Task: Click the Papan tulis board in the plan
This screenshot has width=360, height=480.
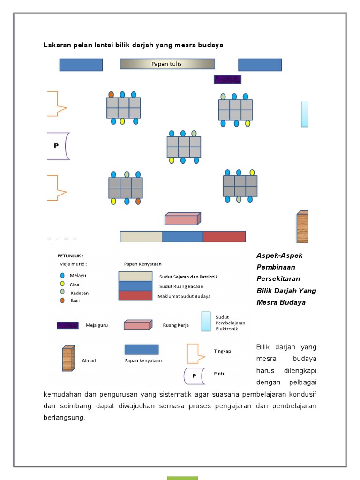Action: click(x=167, y=64)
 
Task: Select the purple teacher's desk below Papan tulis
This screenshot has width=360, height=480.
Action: click(x=227, y=80)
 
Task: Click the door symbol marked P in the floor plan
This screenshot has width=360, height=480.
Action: click(x=59, y=146)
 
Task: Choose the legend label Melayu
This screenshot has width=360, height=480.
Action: click(x=78, y=276)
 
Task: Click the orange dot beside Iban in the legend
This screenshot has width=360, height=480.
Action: click(x=62, y=300)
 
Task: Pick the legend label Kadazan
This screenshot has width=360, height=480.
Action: click(x=79, y=293)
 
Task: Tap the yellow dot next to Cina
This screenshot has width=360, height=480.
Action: click(x=62, y=284)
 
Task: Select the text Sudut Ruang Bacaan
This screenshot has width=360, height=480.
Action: click(x=180, y=286)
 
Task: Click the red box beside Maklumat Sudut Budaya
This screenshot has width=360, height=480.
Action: click(x=135, y=296)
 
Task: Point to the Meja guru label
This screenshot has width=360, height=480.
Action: click(x=97, y=325)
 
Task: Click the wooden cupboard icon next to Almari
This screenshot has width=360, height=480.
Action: click(x=68, y=359)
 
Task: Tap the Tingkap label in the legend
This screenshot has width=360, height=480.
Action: click(x=222, y=351)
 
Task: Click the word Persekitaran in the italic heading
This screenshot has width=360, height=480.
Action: click(x=278, y=278)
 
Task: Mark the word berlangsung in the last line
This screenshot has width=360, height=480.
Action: click(x=64, y=417)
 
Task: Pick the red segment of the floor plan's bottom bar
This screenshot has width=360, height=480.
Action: click(x=224, y=236)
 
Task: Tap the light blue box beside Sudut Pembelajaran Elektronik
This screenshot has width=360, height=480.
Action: click(x=205, y=322)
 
